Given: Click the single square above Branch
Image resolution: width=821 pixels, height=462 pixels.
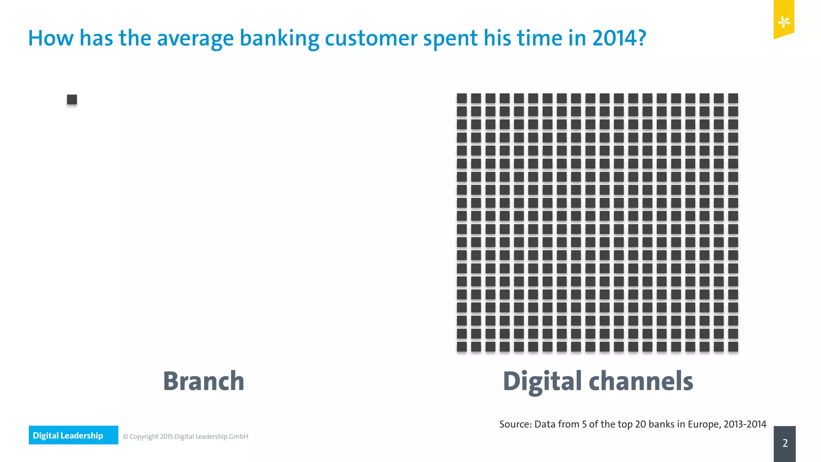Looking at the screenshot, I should coord(72,99).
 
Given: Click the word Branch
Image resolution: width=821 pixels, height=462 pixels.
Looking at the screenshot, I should coord(204,381).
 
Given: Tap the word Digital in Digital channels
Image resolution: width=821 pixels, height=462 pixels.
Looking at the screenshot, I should coord(542,381).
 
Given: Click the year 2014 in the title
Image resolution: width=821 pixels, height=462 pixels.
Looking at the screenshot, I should coord(619,38).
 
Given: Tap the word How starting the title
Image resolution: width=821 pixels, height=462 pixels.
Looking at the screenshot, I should coord(51,38).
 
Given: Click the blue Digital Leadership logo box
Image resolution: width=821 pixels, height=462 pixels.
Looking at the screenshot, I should coord(73,435).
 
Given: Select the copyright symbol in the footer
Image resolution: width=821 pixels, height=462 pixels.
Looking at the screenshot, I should coord(125,437).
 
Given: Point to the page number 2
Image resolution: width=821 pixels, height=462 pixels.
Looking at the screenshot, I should coord(785,443).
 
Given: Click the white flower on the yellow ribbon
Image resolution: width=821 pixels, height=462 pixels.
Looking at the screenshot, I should coord(784,22).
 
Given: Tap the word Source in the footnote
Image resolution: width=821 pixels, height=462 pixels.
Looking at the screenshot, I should coord(515,424).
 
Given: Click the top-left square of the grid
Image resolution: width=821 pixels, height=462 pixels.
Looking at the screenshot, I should coord(462,98).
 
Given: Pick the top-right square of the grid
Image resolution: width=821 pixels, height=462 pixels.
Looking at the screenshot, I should coord(733,98).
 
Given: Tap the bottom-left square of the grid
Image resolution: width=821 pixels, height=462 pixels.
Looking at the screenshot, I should coord(462,346).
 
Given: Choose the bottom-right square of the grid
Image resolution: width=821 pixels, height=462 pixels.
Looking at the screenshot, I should coord(733,346).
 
